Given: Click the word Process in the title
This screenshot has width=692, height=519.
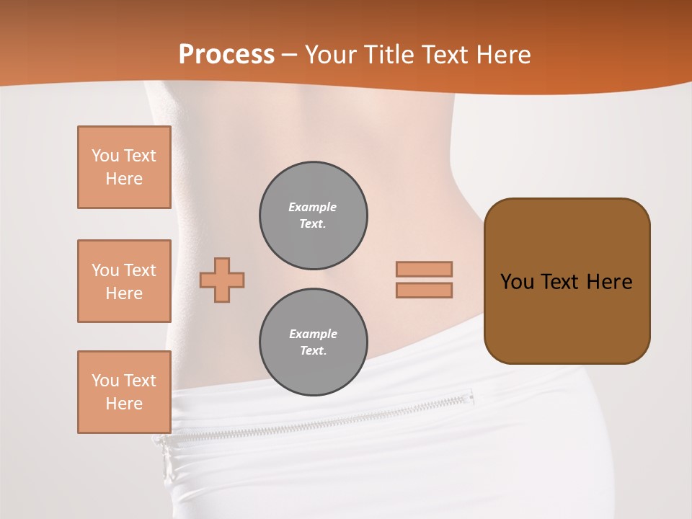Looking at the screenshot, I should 226,55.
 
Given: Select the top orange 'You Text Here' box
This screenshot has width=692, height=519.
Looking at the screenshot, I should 124,167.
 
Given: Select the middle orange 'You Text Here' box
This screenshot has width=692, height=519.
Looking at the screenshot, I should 124,281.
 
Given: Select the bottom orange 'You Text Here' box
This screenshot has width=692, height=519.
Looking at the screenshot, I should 124,392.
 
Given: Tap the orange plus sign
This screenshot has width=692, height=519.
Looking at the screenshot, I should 222,280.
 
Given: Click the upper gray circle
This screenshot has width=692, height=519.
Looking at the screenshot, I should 313,216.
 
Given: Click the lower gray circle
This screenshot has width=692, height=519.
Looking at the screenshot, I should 313,342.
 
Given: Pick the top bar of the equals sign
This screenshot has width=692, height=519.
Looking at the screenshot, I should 424,269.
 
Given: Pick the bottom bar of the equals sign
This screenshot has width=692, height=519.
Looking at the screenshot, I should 424,290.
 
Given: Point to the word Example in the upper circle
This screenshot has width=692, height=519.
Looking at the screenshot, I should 313,208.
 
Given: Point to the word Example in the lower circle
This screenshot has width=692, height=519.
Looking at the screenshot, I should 313,334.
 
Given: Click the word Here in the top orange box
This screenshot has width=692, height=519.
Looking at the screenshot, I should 124,179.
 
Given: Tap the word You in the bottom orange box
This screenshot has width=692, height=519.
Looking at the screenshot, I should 105,381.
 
